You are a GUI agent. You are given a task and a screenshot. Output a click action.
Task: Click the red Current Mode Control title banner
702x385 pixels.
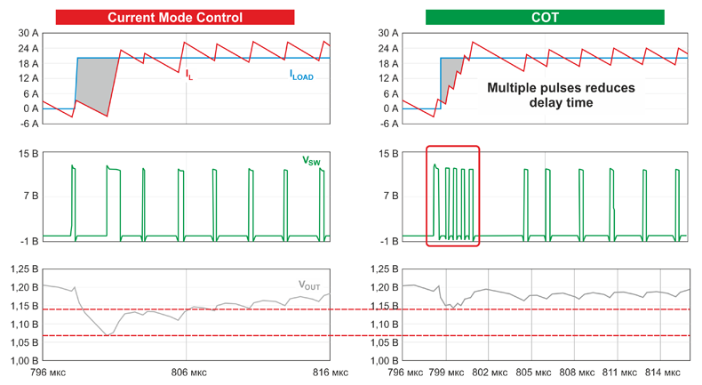174,17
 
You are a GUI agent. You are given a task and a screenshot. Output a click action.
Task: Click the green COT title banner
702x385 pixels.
544,17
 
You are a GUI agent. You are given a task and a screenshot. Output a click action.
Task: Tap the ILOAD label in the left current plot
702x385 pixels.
301,76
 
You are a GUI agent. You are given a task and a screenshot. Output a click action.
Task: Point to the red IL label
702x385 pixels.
188,76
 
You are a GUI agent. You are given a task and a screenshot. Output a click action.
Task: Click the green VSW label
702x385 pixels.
311,161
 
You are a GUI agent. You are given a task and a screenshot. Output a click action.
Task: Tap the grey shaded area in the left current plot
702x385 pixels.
92,83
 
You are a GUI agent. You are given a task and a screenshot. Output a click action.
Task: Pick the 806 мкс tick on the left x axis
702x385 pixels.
186,373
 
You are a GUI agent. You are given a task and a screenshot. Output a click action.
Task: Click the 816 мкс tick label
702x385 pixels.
327,373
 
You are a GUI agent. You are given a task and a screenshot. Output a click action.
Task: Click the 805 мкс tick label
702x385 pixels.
532,373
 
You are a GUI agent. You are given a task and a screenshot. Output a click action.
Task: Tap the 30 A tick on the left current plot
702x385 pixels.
27,33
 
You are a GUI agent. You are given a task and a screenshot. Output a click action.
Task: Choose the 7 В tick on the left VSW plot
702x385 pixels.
28,196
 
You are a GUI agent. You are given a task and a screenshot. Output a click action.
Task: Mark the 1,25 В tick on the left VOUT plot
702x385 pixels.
23,269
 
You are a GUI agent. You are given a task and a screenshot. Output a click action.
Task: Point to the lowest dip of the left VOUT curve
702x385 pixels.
107,334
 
